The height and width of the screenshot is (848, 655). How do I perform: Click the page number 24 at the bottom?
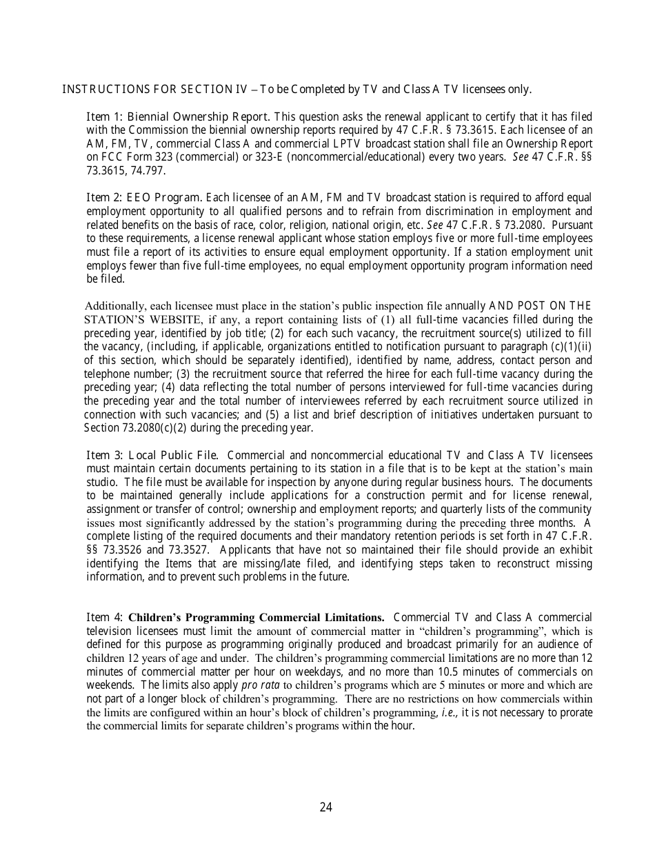coord(326,807)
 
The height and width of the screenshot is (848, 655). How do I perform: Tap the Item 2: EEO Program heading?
coord(144,198)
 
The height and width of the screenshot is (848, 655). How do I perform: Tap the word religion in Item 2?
coord(344,225)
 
